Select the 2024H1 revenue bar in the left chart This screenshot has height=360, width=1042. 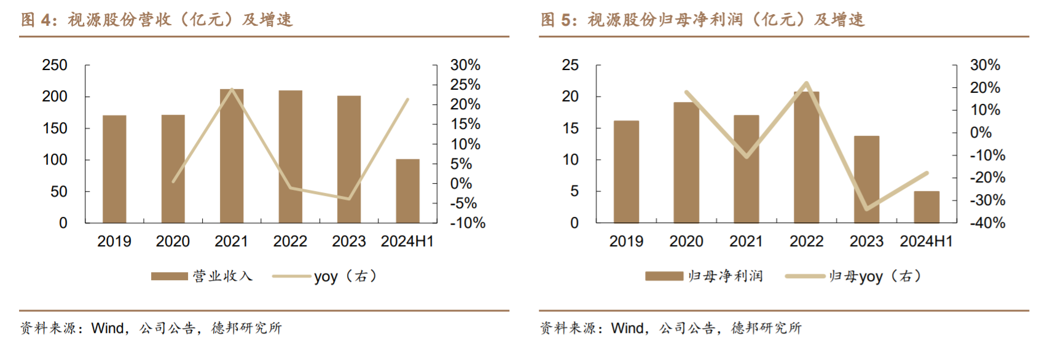click(407, 191)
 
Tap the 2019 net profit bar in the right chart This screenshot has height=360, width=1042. click(626, 171)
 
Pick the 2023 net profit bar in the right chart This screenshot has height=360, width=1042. click(866, 179)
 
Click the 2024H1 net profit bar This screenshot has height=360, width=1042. click(926, 207)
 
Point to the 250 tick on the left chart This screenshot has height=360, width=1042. click(55, 65)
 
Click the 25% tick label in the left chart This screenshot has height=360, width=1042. click(465, 85)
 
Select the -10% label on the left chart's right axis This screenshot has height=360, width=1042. click(468, 223)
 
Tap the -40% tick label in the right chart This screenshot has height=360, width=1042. click(987, 223)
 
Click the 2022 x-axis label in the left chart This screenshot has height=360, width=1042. click(290, 241)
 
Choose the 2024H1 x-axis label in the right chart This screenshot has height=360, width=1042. click(926, 241)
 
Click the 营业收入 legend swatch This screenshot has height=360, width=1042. click(170, 276)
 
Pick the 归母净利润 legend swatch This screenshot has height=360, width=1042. click(664, 276)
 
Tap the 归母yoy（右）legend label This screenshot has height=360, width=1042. click(875, 276)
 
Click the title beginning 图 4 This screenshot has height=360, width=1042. click(157, 20)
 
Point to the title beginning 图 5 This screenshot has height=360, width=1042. click(702, 20)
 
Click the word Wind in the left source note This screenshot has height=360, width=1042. click(107, 328)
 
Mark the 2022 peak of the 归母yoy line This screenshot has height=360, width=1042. click(806, 83)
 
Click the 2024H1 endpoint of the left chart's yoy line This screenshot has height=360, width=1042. click(407, 100)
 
